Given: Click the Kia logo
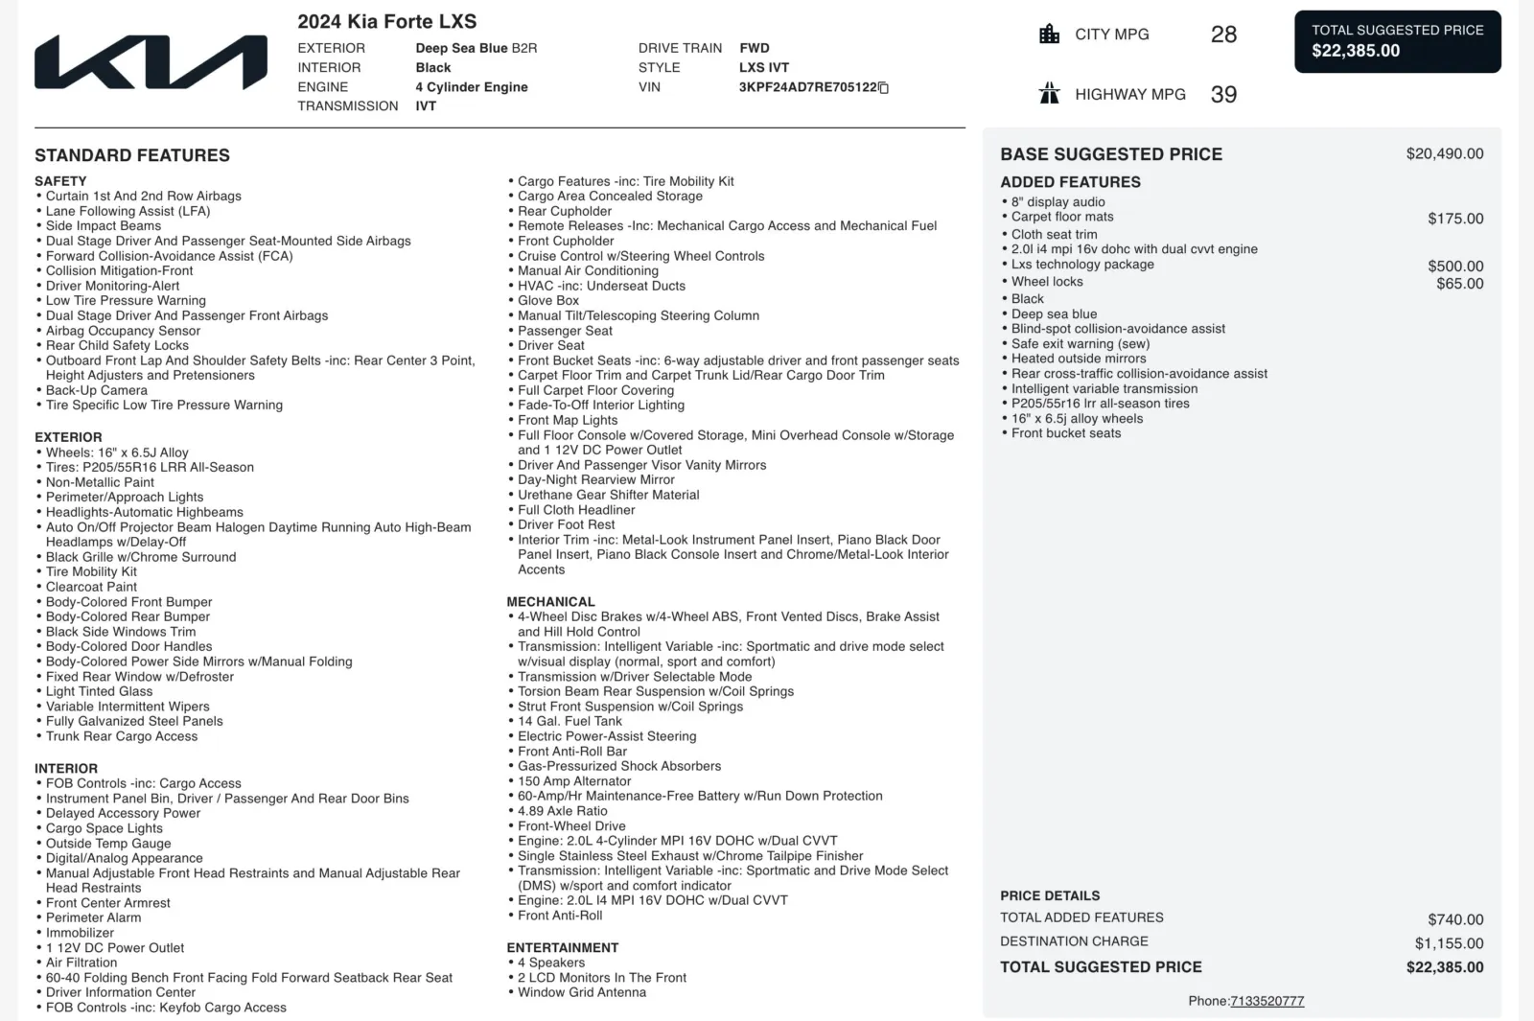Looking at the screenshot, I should click(151, 62).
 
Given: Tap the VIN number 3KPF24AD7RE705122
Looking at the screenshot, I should click(807, 87).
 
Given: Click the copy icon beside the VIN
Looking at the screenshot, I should click(884, 88).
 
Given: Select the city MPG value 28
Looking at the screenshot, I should click(1223, 35).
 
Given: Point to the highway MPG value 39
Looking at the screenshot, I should click(1223, 94).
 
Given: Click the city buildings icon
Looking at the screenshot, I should click(1050, 35).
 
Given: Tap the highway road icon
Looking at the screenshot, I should click(1050, 94).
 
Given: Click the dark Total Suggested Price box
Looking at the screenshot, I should click(1397, 41).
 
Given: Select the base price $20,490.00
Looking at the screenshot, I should click(1444, 153).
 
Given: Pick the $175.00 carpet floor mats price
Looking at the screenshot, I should click(1454, 219).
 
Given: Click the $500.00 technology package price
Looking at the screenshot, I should click(1454, 267).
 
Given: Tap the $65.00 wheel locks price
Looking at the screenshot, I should click(1459, 284).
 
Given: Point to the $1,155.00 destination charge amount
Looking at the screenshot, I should click(1449, 943).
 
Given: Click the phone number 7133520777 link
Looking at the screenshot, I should click(1267, 1001).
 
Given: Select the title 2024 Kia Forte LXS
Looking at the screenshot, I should click(386, 21).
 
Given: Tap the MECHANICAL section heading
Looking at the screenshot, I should click(550, 602).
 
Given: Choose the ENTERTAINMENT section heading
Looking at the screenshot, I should click(562, 947).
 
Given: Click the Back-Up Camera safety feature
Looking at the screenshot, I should click(97, 390).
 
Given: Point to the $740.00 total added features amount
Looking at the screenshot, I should click(1454, 919).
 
